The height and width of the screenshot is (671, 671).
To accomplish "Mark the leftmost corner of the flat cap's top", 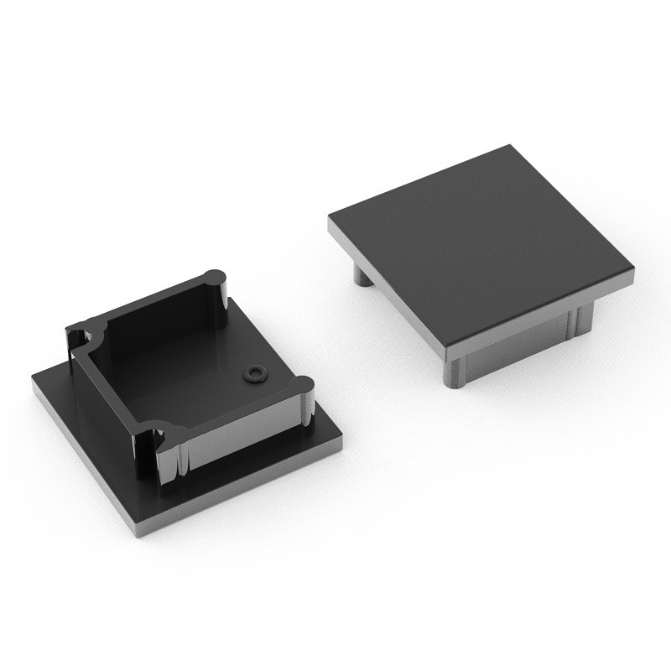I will click(330, 220).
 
